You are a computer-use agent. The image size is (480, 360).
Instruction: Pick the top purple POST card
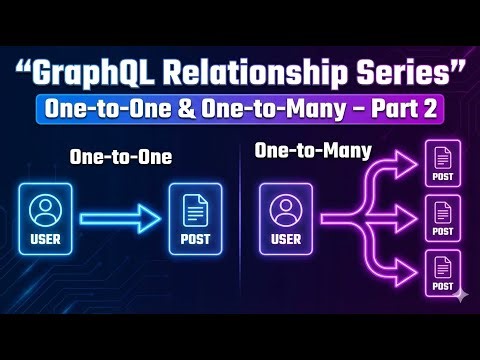441,165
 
